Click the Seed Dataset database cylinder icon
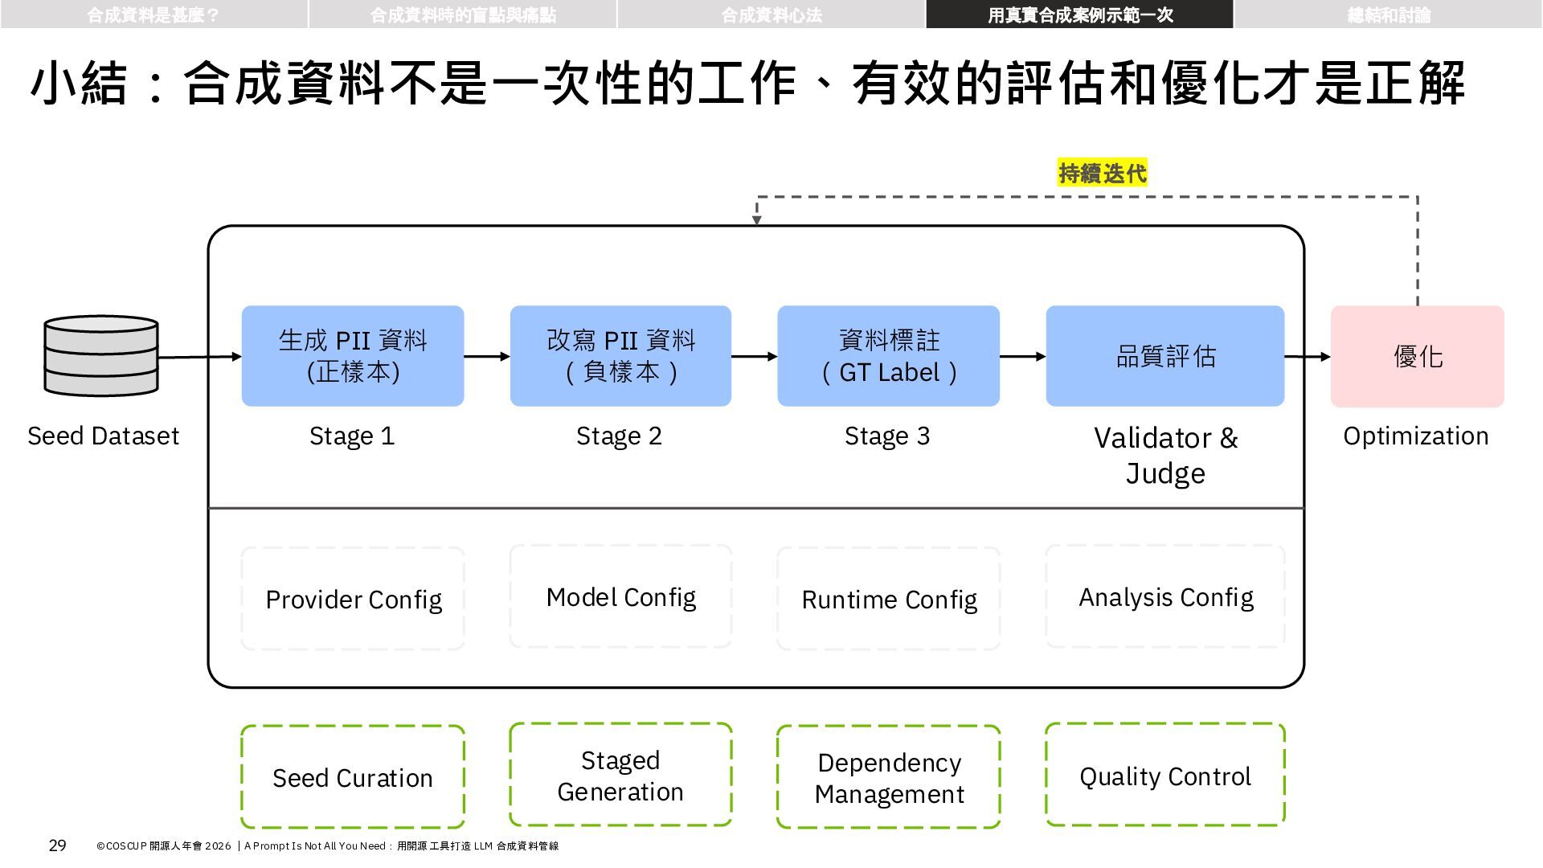[101, 356]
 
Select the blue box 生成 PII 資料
[353, 356]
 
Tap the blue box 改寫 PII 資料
[620, 356]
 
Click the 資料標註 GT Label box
[889, 356]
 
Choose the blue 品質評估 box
[1165, 356]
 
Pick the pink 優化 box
[1418, 356]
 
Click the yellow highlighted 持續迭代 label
[1103, 173]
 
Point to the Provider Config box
[353, 599]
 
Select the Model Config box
[620, 596]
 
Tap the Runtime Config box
[889, 599]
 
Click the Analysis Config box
[1165, 596]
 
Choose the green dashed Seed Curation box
[353, 777]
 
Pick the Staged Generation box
[620, 775]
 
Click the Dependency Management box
[889, 777]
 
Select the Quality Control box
[1165, 775]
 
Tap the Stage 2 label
[619, 436]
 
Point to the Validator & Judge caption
[1165, 455]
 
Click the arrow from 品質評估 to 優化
[1308, 356]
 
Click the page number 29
[58, 845]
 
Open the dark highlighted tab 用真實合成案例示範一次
[1080, 14]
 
